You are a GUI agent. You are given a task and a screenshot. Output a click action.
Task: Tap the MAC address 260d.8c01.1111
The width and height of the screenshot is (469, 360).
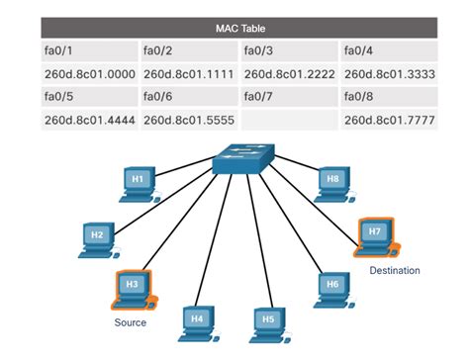click(x=187, y=72)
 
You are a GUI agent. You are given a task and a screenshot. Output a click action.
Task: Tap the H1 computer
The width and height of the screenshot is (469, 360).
click(x=140, y=181)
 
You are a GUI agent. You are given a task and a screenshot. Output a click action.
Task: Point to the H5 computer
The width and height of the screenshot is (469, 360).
click(x=267, y=321)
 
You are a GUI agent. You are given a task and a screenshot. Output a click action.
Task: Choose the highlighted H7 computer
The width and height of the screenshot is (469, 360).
click(x=375, y=234)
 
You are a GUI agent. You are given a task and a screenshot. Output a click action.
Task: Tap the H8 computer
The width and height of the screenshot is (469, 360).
click(x=333, y=181)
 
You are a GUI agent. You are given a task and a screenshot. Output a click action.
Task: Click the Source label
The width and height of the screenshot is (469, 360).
click(x=130, y=322)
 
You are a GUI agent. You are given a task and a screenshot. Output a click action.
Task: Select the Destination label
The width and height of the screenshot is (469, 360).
click(x=394, y=270)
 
